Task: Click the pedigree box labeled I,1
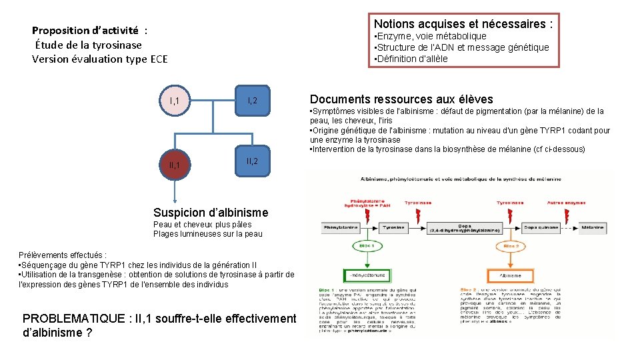pos(174,101)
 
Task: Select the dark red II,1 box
pos(174,164)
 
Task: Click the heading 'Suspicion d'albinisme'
pos(211,213)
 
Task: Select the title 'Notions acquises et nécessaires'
pos(463,24)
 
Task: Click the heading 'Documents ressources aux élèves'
pos(401,99)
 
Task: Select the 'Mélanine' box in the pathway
pos(593,227)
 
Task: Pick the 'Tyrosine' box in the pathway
pos(393,227)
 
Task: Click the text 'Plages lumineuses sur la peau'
pos(208,234)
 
